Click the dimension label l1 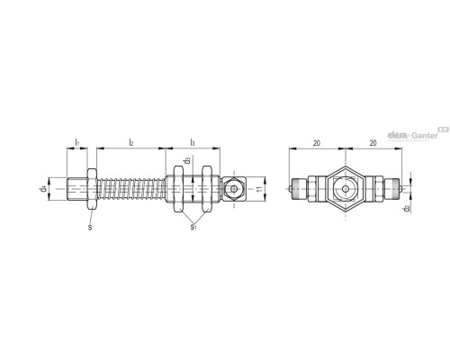77,142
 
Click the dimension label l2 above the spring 131,142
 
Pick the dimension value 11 256,190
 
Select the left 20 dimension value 318,142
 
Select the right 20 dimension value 373,142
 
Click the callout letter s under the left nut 89,228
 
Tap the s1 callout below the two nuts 193,228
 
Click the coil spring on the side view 130,190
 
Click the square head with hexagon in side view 233,190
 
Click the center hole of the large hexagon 345,190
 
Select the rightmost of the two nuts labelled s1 206,190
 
